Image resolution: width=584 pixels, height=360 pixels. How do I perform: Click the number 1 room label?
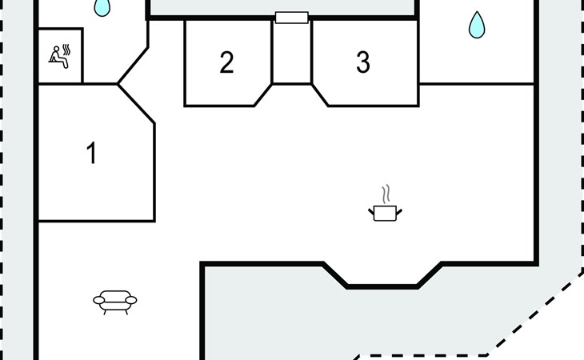pyautogui.click(x=92, y=153)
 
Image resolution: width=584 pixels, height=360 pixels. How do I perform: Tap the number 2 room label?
pyautogui.click(x=226, y=62)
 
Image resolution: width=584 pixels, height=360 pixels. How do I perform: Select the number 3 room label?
pyautogui.click(x=363, y=62)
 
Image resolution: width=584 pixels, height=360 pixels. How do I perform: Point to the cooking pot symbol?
pyautogui.click(x=385, y=212)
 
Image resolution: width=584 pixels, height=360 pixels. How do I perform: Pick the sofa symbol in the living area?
pyautogui.click(x=115, y=301)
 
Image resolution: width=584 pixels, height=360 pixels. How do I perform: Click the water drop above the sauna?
pyautogui.click(x=102, y=7)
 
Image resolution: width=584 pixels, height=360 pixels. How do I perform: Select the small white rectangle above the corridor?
pyautogui.click(x=291, y=18)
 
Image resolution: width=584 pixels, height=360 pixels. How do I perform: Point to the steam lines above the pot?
pyautogui.click(x=386, y=194)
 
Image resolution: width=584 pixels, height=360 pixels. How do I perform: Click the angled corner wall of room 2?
pyautogui.click(x=263, y=95)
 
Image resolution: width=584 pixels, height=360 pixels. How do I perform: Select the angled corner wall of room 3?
pyautogui.click(x=320, y=95)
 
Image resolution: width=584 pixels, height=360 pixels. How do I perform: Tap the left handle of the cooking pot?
pyautogui.click(x=371, y=210)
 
